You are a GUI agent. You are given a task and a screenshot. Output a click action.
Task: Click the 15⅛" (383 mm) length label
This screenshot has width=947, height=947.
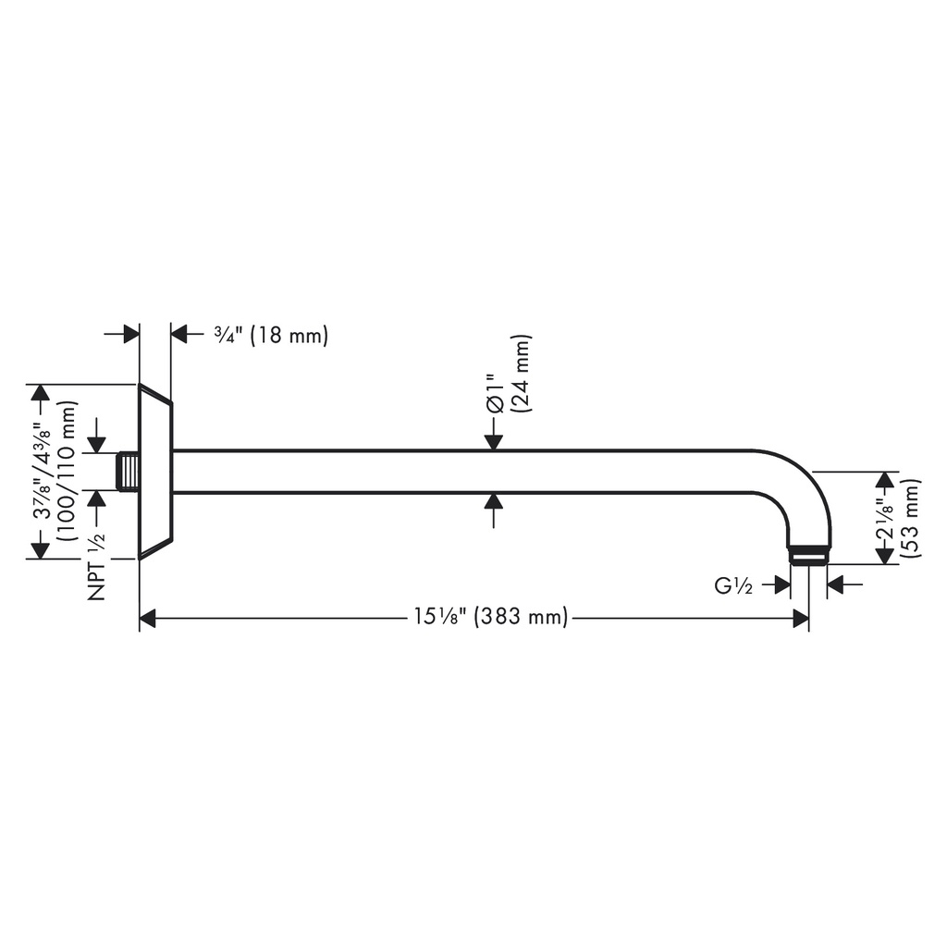coord(490,617)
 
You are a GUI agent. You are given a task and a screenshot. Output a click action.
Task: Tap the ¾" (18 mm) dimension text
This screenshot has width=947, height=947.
coord(271,335)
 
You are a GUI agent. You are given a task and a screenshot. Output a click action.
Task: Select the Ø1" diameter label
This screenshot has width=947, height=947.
coord(494,394)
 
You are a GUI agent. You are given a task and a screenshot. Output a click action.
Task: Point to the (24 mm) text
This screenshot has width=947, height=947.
coord(520,374)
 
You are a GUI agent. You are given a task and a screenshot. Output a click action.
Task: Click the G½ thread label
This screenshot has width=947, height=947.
coord(733,585)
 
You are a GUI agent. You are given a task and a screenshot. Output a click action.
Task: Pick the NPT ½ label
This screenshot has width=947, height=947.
coord(96,566)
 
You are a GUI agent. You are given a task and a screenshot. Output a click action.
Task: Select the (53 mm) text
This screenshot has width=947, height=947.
coord(910,518)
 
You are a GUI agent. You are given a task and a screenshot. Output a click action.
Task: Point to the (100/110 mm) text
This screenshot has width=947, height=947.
coord(67,471)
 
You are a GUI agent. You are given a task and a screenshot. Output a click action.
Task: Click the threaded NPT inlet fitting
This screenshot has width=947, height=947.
coord(128,471)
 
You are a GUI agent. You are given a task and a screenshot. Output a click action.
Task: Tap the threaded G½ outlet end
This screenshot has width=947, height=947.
coord(808,556)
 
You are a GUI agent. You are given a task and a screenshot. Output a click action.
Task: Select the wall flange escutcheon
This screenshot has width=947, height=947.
coord(155,471)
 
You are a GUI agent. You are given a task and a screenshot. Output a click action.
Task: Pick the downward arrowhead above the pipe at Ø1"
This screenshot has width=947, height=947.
coord(494,442)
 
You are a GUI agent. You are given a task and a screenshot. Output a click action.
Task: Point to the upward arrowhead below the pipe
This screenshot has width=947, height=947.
coord(494,501)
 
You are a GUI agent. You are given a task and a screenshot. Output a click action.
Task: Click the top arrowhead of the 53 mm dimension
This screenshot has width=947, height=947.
coord(885,480)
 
